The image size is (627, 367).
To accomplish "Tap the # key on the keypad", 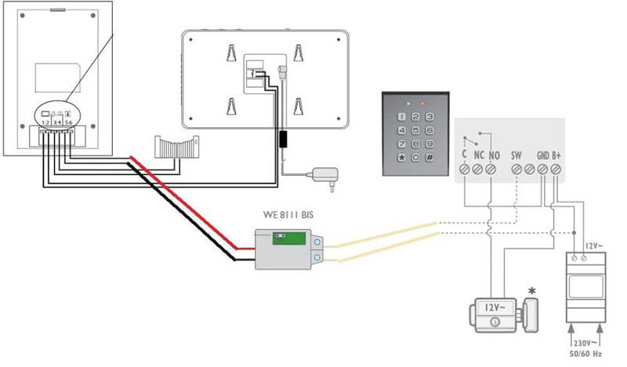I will [430, 158].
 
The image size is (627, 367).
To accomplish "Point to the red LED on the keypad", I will [422, 102].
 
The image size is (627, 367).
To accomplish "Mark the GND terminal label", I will [542, 154].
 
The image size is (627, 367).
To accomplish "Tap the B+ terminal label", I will [556, 154].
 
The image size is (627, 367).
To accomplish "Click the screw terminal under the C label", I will [465, 169].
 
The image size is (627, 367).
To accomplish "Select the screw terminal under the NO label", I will [492, 169].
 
